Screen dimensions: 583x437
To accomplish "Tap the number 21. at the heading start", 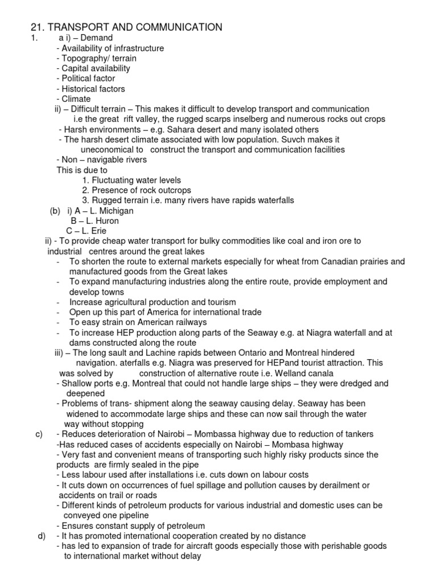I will coord(38,27).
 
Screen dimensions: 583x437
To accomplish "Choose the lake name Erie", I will coord(96,231).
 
